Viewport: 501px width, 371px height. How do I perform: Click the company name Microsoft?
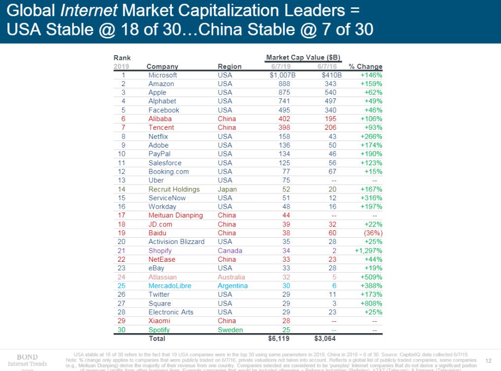pos(163,75)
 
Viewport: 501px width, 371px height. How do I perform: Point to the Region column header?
pos(230,67)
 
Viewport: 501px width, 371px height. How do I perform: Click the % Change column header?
pos(365,67)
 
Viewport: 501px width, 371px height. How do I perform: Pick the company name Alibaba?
pos(160,119)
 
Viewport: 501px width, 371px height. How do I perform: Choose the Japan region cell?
pos(227,189)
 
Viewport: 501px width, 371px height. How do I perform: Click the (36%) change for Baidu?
pos(373,233)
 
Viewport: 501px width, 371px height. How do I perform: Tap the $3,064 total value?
pos(325,339)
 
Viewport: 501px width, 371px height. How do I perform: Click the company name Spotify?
pos(160,330)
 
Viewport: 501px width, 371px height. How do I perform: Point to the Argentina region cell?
pos(233,285)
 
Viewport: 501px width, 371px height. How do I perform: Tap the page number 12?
pos(488,360)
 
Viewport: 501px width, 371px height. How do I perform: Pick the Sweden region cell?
pos(230,330)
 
